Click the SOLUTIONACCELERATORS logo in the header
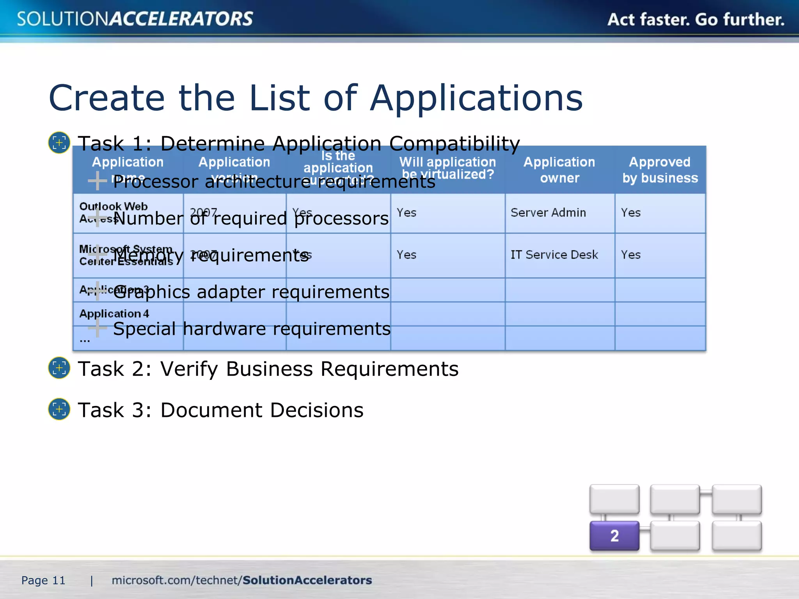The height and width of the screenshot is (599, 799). coord(135,19)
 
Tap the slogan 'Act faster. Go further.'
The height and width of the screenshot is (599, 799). coord(696,19)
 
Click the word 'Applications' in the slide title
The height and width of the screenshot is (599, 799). coord(476,98)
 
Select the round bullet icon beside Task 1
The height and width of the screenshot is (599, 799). coord(59,143)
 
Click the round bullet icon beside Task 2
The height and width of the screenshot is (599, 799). coord(59,368)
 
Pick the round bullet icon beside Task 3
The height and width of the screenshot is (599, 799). coord(59,409)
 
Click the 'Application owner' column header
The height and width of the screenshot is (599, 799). coord(559,170)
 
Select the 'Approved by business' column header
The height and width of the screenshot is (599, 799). coord(660,170)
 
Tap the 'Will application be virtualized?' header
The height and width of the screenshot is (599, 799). coord(447,168)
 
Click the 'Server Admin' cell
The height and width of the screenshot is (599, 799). coord(548,213)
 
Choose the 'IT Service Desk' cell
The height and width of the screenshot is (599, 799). coord(554,255)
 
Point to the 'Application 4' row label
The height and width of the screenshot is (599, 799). coord(114,314)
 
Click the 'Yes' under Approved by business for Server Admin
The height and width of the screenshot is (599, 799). coord(630,213)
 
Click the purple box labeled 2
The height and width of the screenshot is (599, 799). coord(614,535)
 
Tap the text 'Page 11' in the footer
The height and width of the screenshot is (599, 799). coord(43,580)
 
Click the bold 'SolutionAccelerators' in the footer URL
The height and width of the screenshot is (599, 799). coord(307,580)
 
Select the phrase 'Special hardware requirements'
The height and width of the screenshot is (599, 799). coord(252,329)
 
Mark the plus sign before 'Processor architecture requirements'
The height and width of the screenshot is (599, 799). coord(97,181)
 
